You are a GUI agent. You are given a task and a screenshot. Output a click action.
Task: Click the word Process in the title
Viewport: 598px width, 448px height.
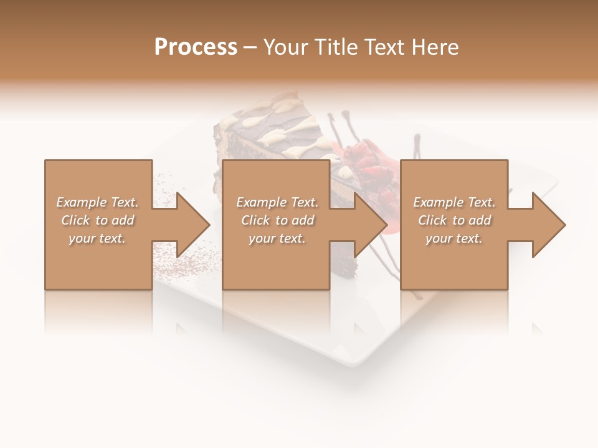pyautogui.click(x=196, y=47)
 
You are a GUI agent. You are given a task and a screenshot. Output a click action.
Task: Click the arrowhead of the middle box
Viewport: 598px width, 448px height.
pyautogui.click(x=369, y=225)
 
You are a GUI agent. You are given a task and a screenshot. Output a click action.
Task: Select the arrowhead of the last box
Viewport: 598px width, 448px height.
pyautogui.click(x=548, y=225)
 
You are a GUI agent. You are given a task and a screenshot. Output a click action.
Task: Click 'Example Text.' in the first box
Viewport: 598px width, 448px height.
pyautogui.click(x=98, y=202)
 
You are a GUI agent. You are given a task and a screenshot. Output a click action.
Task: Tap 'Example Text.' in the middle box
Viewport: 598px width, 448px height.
pyautogui.click(x=277, y=202)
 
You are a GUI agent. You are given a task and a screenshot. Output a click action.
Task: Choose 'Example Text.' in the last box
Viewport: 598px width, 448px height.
pyautogui.click(x=454, y=202)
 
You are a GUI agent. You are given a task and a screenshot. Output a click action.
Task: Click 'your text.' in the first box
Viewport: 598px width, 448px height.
pyautogui.click(x=98, y=238)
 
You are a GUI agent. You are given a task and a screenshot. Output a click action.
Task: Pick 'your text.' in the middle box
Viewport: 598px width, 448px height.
pyautogui.click(x=277, y=238)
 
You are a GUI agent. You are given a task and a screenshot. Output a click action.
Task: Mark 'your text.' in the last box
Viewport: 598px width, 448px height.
pyautogui.click(x=454, y=238)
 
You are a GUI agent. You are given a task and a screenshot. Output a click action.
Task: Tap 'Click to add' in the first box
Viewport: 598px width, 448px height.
pyautogui.click(x=98, y=220)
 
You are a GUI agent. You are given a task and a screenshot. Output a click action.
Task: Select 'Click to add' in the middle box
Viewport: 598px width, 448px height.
pyautogui.click(x=277, y=220)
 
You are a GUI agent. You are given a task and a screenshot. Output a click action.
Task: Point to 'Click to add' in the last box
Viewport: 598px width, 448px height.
pyautogui.click(x=454, y=220)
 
